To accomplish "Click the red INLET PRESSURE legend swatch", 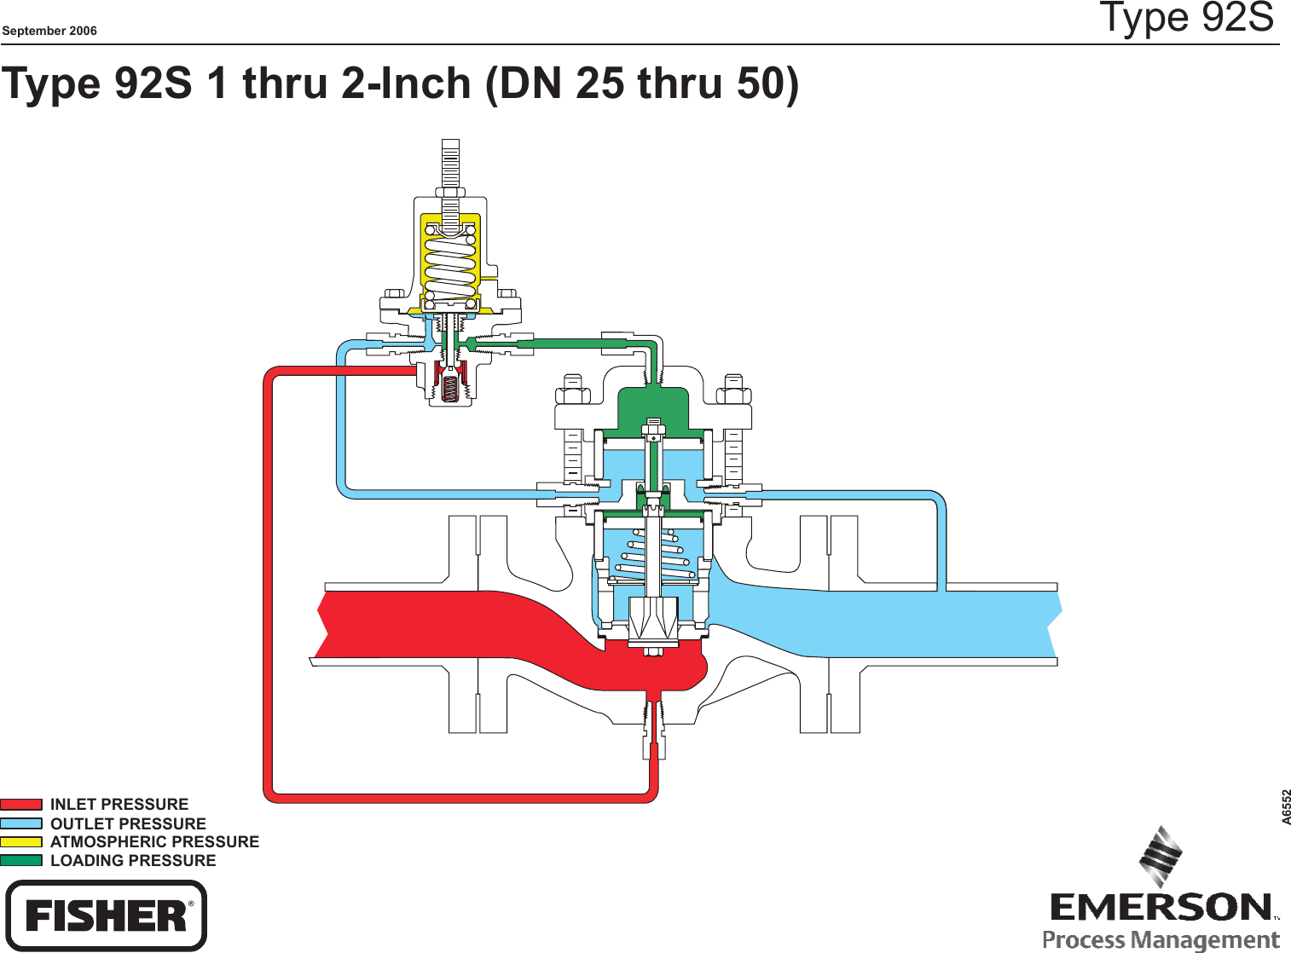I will coord(21,804).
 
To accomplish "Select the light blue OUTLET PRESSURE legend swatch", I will coord(21,823).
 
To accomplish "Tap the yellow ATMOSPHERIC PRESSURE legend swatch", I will coord(21,842).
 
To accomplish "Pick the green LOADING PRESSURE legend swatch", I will coord(21,861).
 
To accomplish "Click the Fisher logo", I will coord(106,916).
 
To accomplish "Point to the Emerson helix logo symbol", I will coord(1161,857).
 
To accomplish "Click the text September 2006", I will coord(49,31).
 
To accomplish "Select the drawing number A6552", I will coord(1286,806).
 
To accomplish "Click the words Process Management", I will coord(1161,940).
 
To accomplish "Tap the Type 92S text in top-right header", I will coord(1186,17).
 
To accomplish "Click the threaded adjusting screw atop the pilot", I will coord(450,166).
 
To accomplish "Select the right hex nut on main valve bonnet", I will coord(733,395).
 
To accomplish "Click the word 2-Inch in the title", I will coord(406,84).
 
